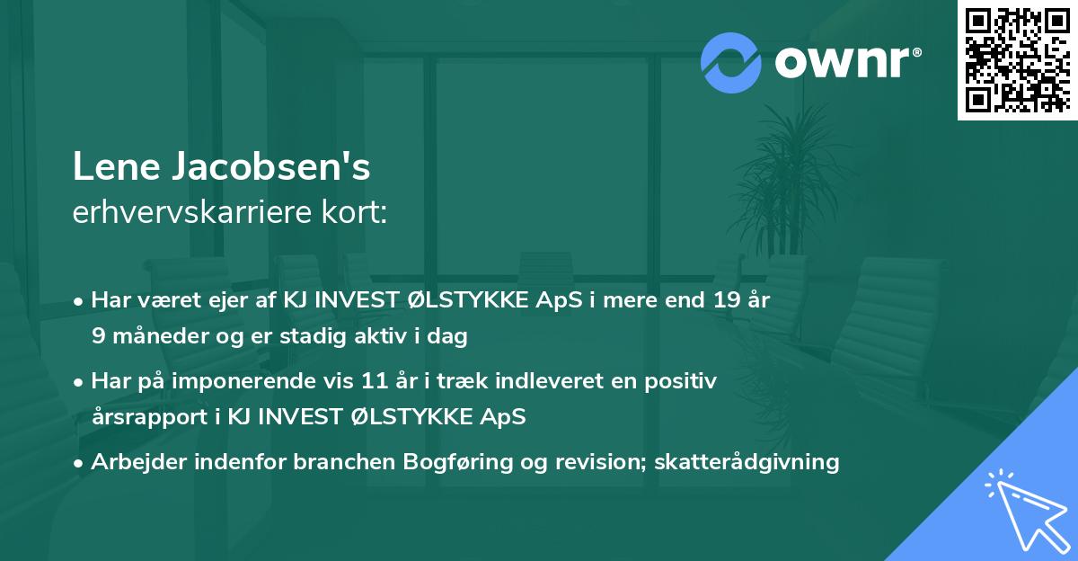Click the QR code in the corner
coord(1017,59)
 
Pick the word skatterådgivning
coord(747,462)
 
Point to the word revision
coord(601,462)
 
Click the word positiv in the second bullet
coord(686,381)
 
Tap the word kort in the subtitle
coord(358,213)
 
